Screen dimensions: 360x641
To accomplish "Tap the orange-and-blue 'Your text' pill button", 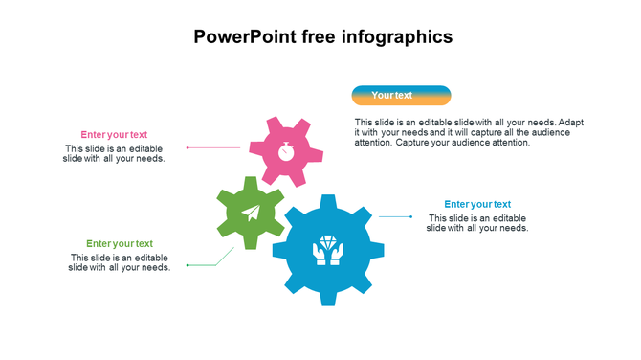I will (401, 95).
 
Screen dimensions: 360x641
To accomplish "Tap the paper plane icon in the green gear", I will (251, 213).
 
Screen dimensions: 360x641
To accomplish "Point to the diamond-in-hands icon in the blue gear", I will (328, 250).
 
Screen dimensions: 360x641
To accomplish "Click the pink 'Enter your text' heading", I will (114, 135).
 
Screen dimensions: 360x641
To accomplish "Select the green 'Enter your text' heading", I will (120, 244).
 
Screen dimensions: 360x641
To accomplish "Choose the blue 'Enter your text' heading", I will (477, 204).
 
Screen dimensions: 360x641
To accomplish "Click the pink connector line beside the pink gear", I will (214, 147).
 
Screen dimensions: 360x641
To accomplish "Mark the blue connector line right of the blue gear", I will (395, 216).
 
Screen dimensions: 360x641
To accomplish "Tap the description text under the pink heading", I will (114, 153).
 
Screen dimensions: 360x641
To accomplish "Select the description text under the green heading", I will (120, 262).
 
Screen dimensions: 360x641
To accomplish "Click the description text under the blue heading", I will (477, 223).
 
